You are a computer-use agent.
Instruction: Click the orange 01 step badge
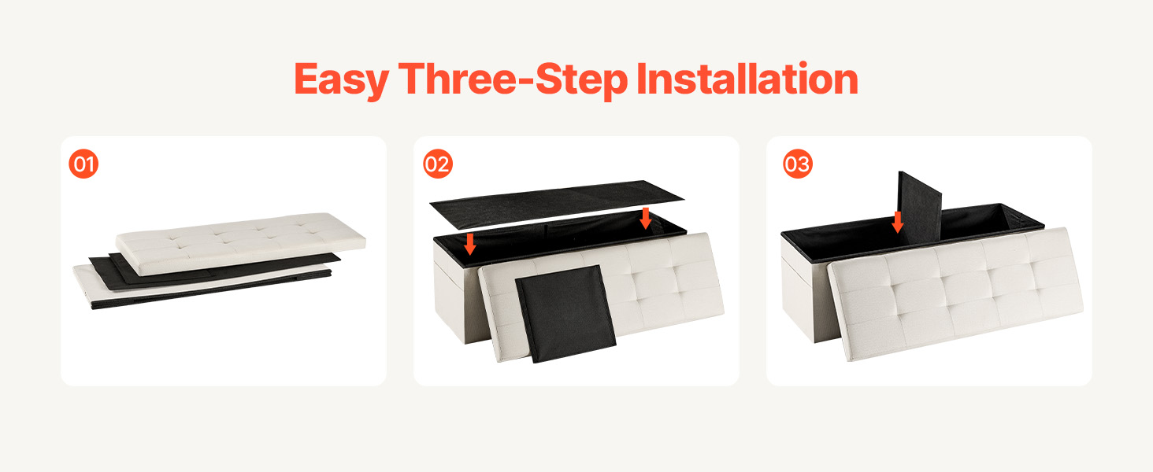click(83, 164)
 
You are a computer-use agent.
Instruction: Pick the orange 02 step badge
click(438, 164)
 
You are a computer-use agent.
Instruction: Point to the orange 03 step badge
click(797, 164)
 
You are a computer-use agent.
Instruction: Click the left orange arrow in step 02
click(469, 244)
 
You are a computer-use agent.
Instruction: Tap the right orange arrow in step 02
click(646, 219)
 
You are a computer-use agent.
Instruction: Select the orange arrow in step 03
click(898, 222)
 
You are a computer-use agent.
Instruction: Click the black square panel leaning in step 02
click(565, 314)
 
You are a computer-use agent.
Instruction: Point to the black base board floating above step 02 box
click(556, 204)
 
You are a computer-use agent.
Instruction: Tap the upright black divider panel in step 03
click(919, 205)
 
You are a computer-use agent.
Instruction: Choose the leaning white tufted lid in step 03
click(955, 293)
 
